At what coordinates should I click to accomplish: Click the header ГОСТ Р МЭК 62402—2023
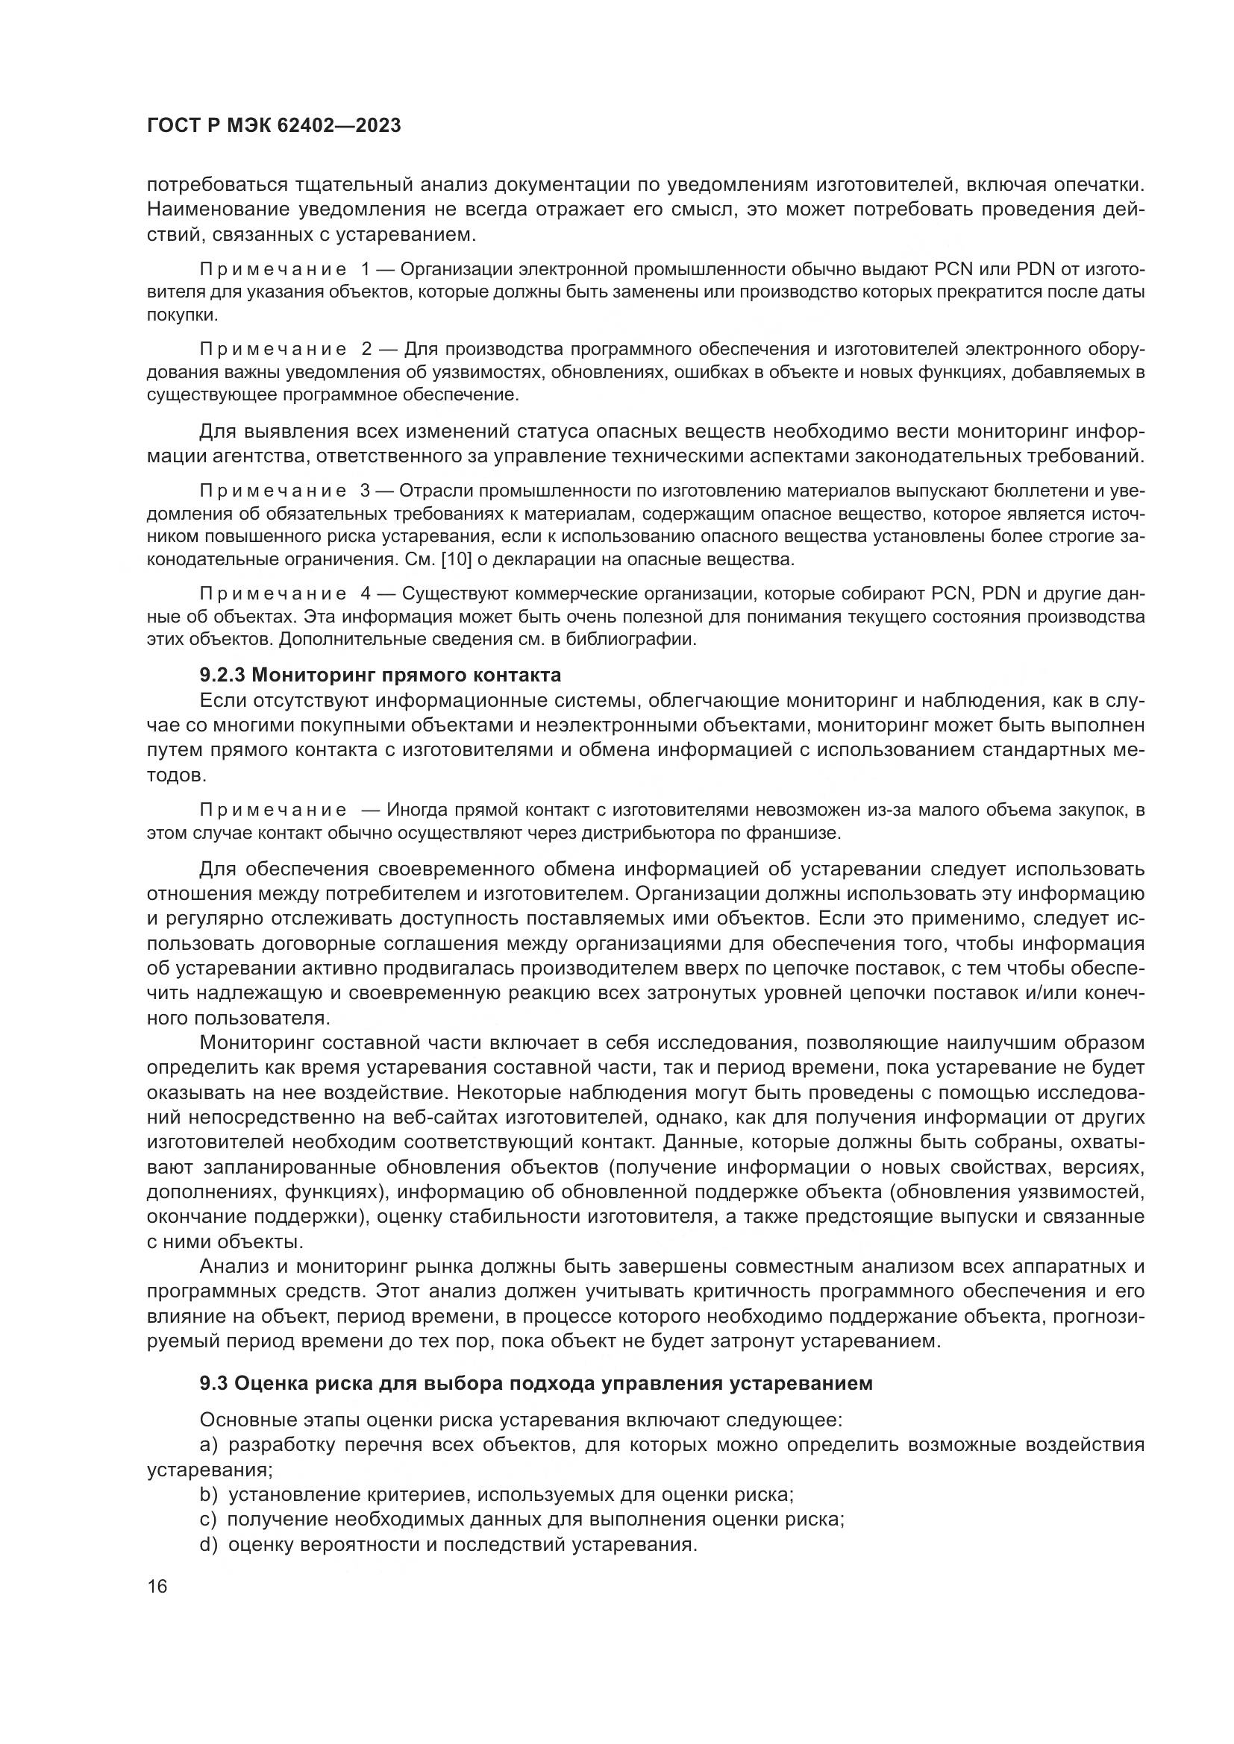click(274, 126)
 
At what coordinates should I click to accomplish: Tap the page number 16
click(157, 1586)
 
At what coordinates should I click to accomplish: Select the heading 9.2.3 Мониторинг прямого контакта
click(380, 675)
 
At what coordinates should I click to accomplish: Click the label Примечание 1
click(284, 270)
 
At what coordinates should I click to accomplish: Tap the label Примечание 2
click(286, 350)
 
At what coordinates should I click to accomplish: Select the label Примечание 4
click(286, 594)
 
